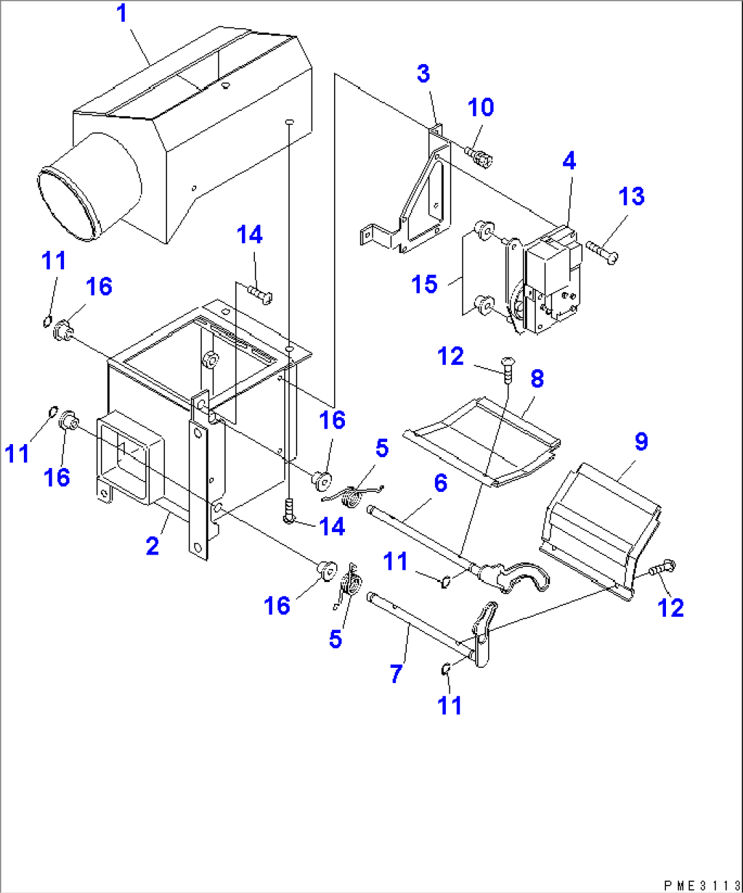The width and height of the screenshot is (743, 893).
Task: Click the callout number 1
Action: click(x=123, y=14)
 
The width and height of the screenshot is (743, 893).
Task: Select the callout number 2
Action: click(x=153, y=546)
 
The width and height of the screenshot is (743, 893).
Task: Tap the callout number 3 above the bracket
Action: click(x=423, y=74)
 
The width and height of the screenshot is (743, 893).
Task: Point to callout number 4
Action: click(x=569, y=162)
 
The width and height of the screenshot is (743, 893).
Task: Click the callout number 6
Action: click(x=440, y=484)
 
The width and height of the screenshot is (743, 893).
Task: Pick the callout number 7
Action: click(x=397, y=673)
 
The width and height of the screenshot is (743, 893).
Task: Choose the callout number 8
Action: click(x=537, y=379)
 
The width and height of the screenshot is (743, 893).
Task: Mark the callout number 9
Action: click(x=641, y=441)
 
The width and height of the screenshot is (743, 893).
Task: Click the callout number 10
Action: click(x=481, y=108)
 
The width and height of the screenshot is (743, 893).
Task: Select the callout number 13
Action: click(x=631, y=196)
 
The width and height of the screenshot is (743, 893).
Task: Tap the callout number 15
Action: click(x=425, y=284)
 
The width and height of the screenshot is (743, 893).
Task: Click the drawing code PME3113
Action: click(x=701, y=885)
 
